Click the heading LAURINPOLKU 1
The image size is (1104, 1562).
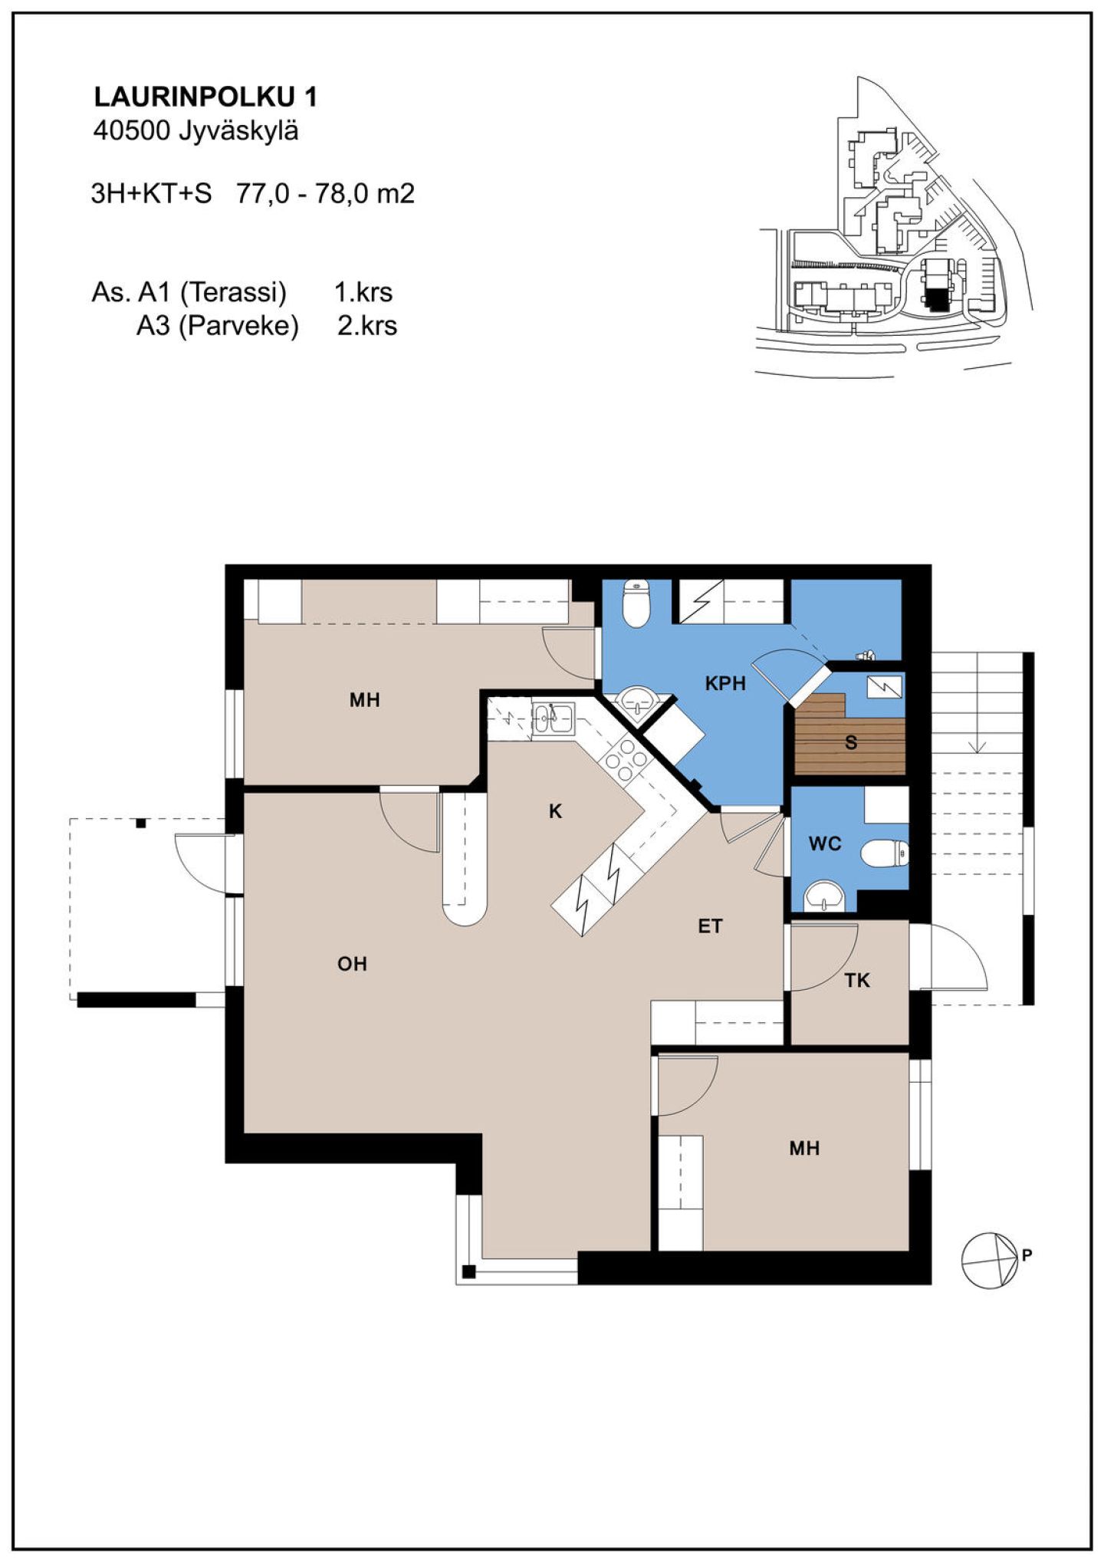click(205, 97)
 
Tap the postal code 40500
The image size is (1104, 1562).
click(131, 131)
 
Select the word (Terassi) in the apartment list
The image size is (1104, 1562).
click(233, 292)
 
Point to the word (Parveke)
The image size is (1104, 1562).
click(238, 326)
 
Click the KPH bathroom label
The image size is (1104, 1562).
click(725, 682)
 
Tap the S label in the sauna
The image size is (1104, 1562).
click(851, 742)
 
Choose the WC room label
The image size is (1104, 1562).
click(825, 843)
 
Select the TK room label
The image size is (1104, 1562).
click(857, 980)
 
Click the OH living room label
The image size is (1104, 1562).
click(352, 964)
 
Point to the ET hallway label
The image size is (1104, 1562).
click(710, 926)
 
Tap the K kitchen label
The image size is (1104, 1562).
click(556, 811)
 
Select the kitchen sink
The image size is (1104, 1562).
click(553, 719)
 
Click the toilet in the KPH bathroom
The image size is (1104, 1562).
click(636, 603)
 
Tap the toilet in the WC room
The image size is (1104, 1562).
click(885, 853)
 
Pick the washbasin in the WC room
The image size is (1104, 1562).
click(824, 895)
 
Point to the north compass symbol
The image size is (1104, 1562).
click(990, 1261)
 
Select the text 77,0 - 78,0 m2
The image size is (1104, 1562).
click(326, 193)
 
